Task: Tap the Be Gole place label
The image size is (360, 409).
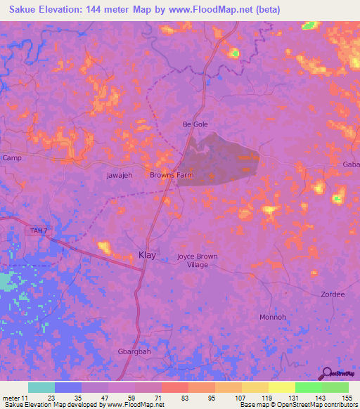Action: click(195, 124)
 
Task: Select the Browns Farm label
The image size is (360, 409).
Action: click(172, 175)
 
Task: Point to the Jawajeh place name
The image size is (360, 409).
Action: click(120, 175)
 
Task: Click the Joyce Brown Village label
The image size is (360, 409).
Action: click(197, 260)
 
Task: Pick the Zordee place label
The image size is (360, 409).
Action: click(333, 294)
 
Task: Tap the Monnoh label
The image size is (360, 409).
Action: click(273, 317)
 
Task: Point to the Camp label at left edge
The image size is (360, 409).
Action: click(12, 158)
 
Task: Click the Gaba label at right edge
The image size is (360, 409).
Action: click(350, 164)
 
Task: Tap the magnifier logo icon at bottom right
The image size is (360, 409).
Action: click(326, 373)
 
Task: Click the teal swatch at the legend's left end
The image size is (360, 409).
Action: click(41, 387)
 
